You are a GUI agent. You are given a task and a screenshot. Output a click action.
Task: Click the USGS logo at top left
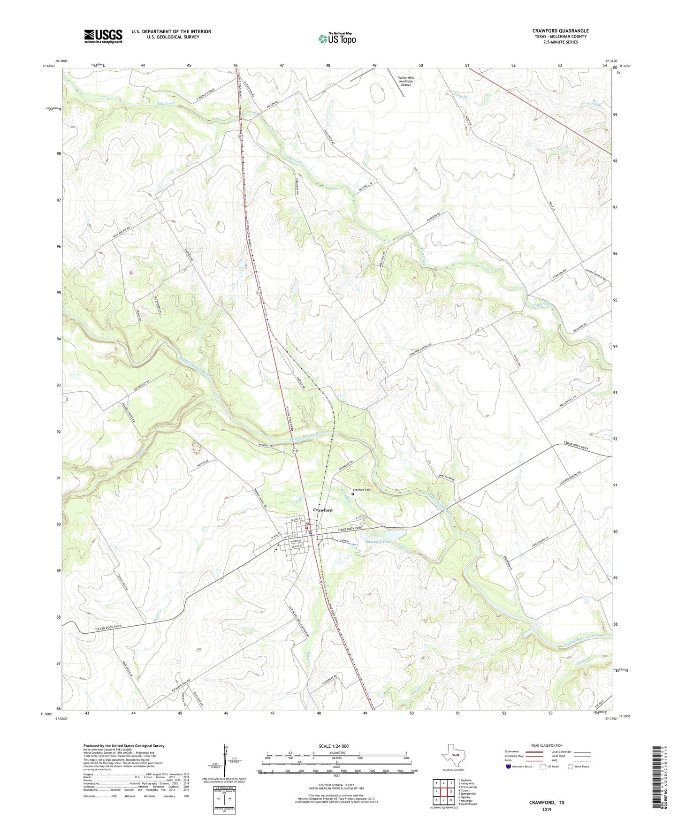(x=103, y=36)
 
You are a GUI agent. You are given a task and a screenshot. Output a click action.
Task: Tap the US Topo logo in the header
(x=337, y=39)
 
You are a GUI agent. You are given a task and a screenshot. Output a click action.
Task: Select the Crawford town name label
(x=323, y=510)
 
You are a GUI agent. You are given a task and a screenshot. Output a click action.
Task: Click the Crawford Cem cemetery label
(x=362, y=490)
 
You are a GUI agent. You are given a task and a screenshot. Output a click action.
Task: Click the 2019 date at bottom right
(x=546, y=809)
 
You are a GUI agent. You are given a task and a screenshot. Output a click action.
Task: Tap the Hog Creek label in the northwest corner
(x=152, y=103)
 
